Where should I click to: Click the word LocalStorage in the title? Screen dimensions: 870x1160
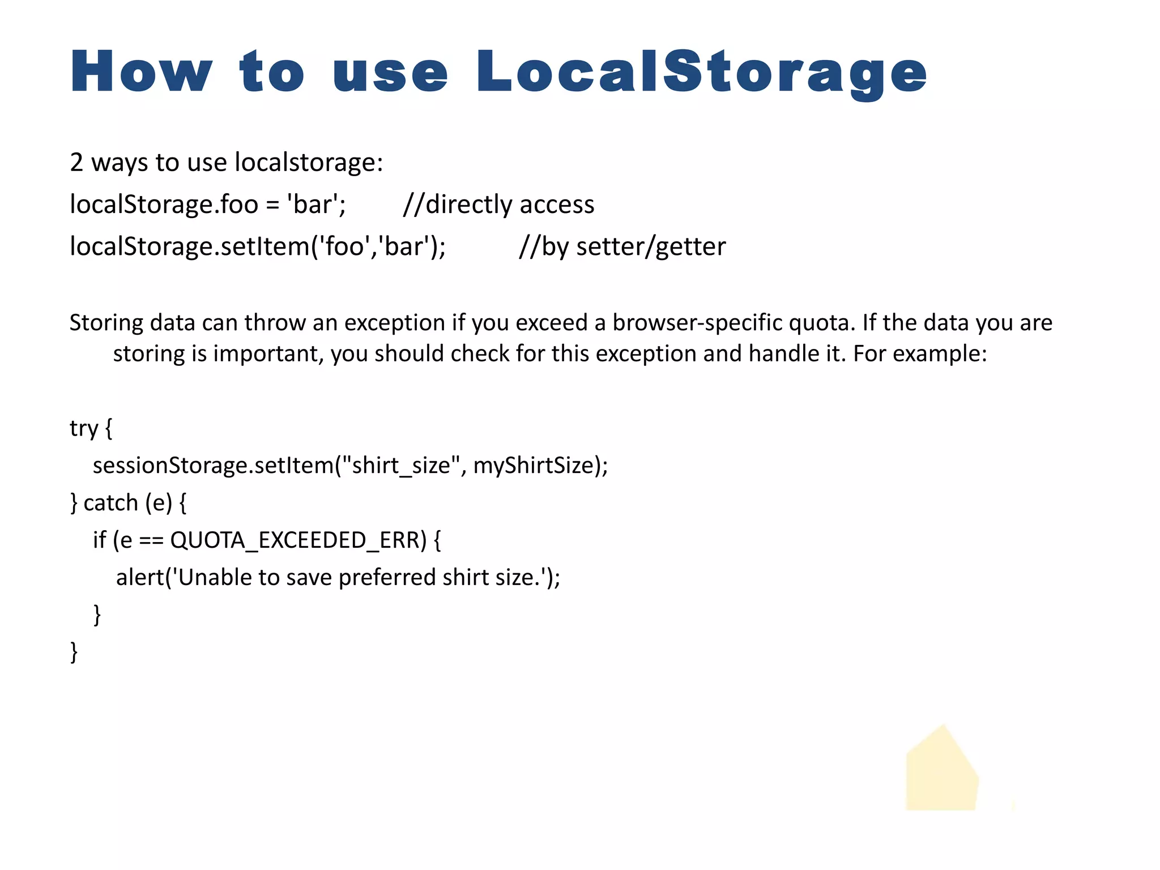701,72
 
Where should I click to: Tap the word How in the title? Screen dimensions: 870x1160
141,72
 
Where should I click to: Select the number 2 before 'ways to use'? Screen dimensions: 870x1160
76,163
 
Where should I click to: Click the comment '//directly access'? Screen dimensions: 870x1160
498,204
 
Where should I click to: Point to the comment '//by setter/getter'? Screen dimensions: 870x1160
622,246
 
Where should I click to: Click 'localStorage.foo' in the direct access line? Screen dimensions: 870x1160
164,204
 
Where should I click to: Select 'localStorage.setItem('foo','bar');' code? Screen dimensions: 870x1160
258,246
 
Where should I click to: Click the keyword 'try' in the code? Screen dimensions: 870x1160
84,429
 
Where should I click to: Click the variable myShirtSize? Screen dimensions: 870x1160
533,466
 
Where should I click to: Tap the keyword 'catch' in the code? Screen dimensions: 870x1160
110,503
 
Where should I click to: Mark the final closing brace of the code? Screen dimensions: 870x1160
74,652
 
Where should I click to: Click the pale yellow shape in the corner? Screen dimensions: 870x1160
941,773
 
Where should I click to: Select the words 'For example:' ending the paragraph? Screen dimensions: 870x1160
920,354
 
